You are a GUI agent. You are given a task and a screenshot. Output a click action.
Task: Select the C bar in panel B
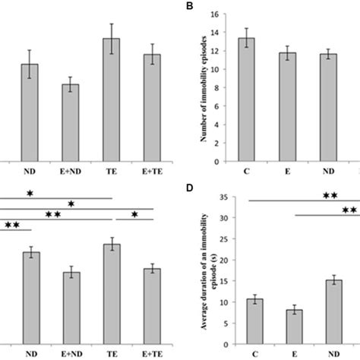click(x=246, y=99)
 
